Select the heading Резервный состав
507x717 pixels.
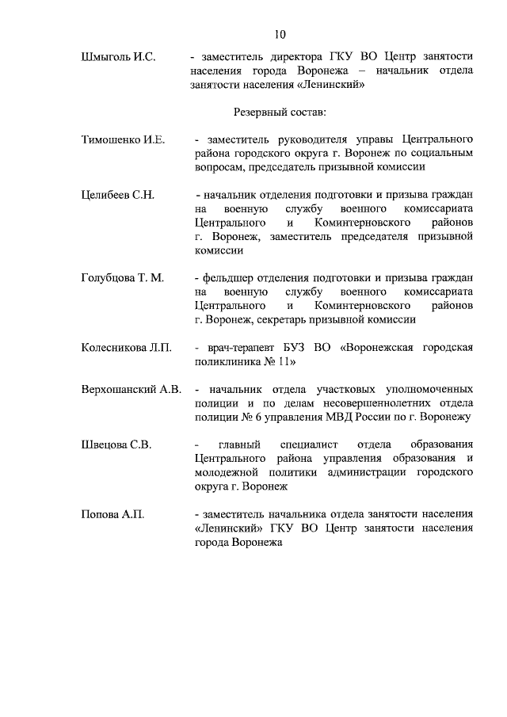click(x=278, y=114)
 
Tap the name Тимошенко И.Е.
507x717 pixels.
click(x=123, y=139)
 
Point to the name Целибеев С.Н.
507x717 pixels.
click(x=118, y=195)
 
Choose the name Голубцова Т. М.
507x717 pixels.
click(x=122, y=278)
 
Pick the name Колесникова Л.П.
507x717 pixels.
click(x=126, y=348)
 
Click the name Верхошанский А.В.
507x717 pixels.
click(x=132, y=389)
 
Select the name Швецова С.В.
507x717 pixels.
click(x=116, y=444)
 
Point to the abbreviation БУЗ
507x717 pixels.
click(x=302, y=348)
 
